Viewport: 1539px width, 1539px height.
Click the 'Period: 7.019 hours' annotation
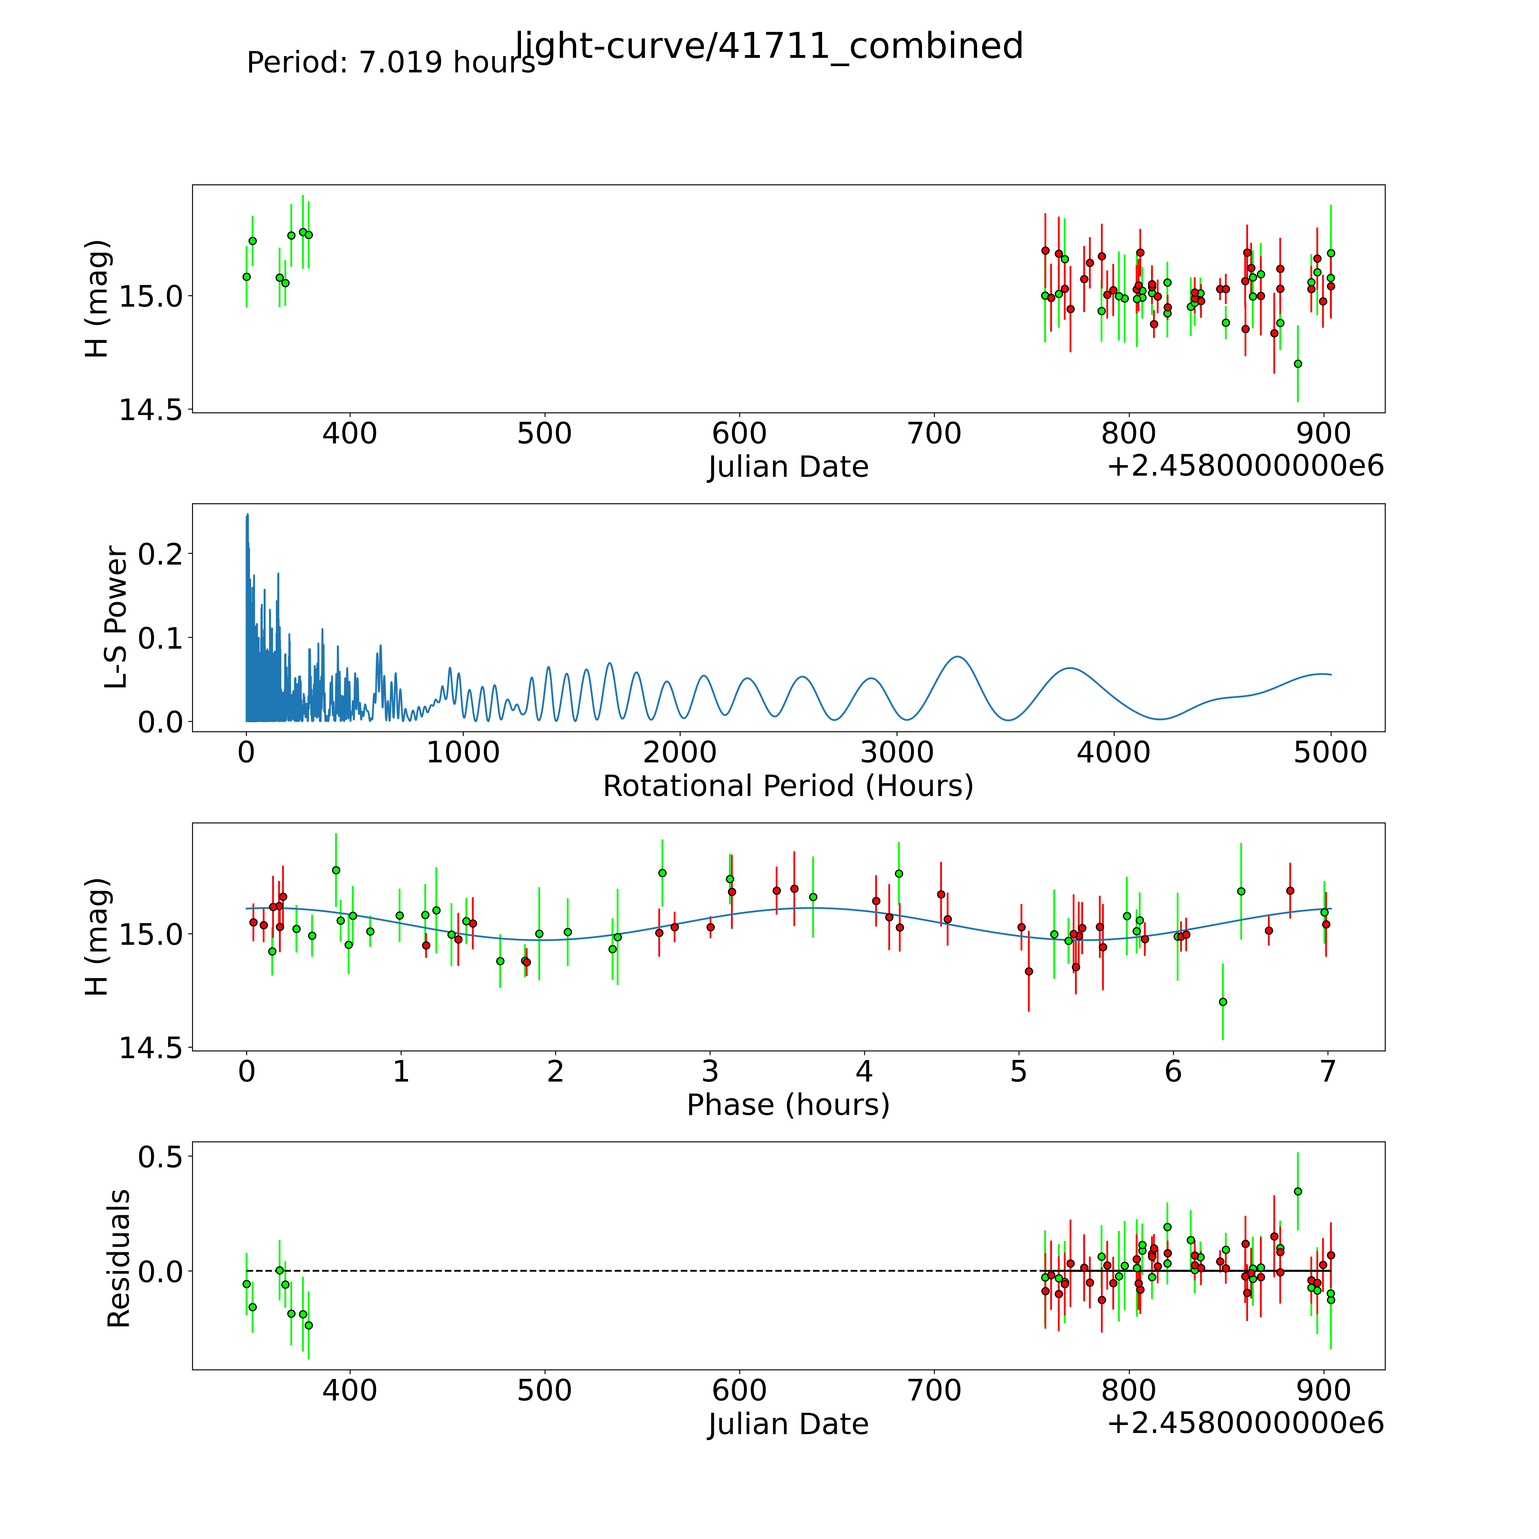[390, 62]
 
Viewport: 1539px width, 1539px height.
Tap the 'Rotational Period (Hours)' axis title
[788, 786]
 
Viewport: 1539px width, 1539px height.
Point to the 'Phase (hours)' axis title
[788, 1105]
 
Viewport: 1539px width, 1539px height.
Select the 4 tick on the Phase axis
[864, 1071]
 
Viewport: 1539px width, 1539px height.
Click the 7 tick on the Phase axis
[1327, 1071]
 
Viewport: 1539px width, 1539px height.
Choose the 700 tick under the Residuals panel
[935, 1390]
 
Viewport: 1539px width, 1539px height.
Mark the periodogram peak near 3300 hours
[958, 656]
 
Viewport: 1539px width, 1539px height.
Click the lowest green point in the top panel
[1298, 363]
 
